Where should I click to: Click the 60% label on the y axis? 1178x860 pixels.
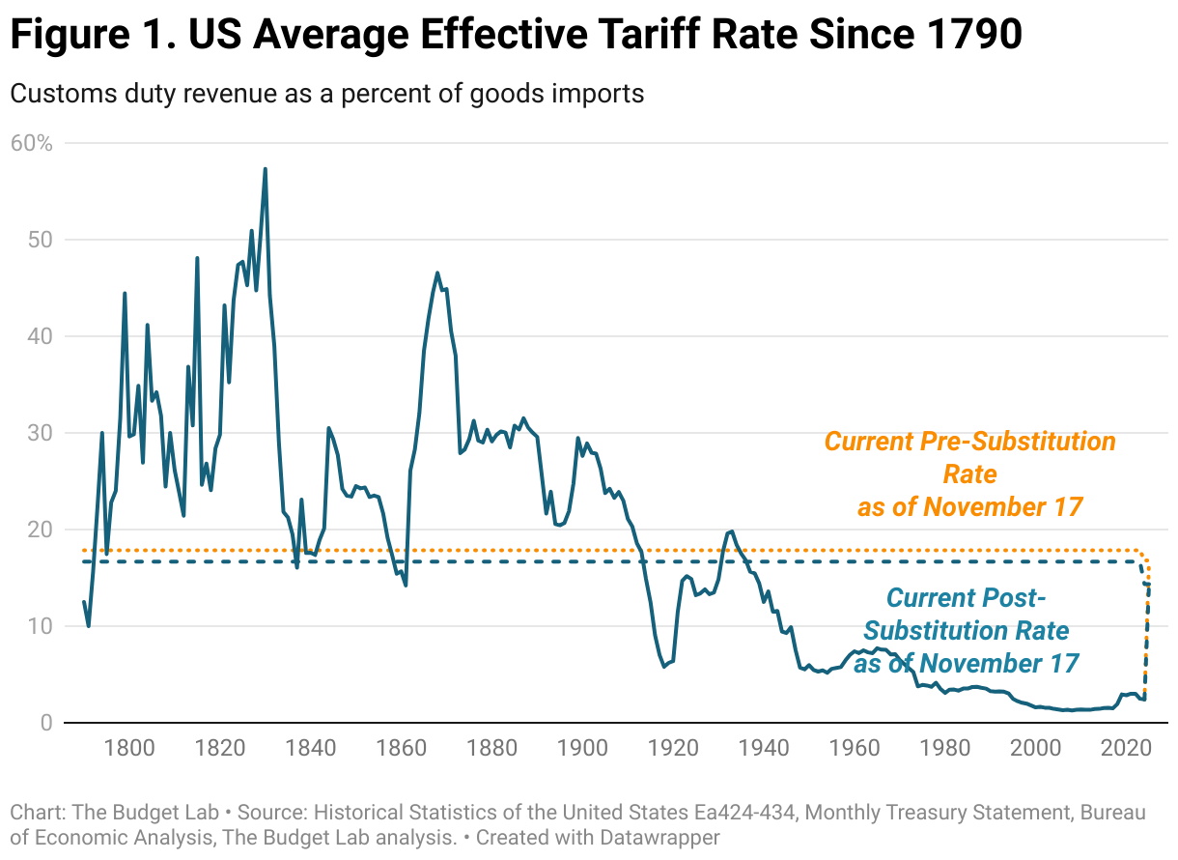(x=31, y=143)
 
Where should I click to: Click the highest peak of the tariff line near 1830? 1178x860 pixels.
(x=265, y=169)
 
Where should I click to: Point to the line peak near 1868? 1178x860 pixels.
(x=437, y=272)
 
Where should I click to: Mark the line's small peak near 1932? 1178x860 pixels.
(x=731, y=530)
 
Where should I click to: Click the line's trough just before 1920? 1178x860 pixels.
(x=663, y=667)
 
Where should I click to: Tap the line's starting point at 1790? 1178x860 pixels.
(x=84, y=602)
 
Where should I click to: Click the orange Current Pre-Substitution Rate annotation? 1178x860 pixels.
(x=969, y=473)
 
